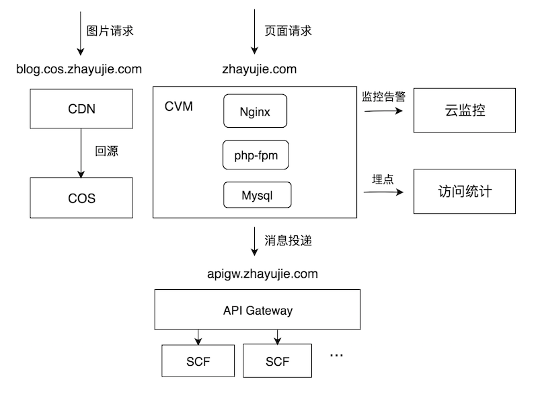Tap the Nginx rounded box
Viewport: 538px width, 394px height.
click(x=255, y=112)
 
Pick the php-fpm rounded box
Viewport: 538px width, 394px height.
click(x=255, y=156)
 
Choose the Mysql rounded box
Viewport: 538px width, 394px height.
click(x=258, y=196)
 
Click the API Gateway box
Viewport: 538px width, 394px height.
click(x=258, y=310)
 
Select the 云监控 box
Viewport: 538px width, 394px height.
click(x=465, y=110)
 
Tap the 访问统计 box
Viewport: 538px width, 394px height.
click(x=465, y=192)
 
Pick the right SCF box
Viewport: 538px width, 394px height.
click(x=277, y=361)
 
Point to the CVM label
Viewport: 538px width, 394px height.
click(x=179, y=107)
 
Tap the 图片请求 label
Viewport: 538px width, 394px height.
click(x=112, y=30)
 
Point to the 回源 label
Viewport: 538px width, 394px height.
click(x=106, y=151)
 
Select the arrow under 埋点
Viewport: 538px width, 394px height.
click(x=383, y=192)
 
